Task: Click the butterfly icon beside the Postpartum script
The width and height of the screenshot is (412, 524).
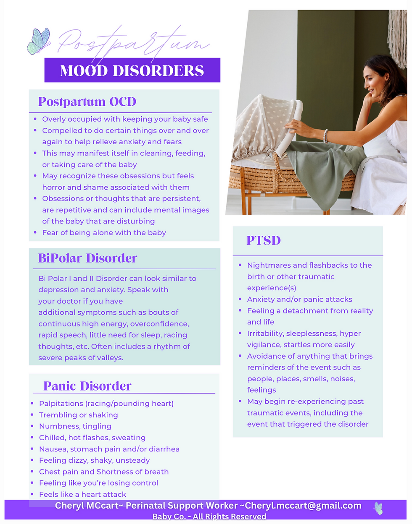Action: [38, 41]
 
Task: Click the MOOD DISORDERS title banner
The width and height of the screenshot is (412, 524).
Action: [132, 70]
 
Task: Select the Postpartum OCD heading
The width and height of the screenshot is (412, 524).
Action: [87, 102]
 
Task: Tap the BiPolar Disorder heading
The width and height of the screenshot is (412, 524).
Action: [87, 258]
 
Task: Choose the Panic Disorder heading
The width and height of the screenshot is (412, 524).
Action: [87, 386]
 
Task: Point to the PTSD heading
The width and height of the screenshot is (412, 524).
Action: [264, 240]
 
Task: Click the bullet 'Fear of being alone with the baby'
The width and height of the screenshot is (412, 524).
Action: [104, 232]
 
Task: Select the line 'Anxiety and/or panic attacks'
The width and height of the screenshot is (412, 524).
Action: [299, 299]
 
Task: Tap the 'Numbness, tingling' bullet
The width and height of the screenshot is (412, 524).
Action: [75, 426]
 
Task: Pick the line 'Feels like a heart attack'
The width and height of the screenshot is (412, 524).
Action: [82, 494]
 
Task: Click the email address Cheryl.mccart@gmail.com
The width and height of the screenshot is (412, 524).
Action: [303, 506]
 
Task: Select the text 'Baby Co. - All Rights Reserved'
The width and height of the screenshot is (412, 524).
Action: [209, 516]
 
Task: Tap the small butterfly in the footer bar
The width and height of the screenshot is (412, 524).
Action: [378, 508]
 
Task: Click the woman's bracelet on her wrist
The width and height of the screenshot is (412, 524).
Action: [325, 136]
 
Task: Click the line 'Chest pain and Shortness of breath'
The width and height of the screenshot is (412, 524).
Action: [103, 472]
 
